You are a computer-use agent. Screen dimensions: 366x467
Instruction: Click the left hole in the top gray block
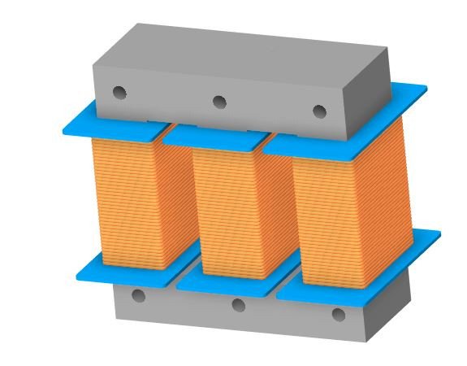[119, 93]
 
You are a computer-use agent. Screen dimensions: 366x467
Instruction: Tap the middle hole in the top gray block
[218, 102]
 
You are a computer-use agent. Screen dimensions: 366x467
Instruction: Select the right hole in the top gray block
[319, 111]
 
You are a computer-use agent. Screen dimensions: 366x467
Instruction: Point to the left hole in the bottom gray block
[138, 295]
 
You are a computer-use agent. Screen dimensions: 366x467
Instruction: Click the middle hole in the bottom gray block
[238, 305]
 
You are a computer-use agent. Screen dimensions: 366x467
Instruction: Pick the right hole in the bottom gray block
[339, 315]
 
